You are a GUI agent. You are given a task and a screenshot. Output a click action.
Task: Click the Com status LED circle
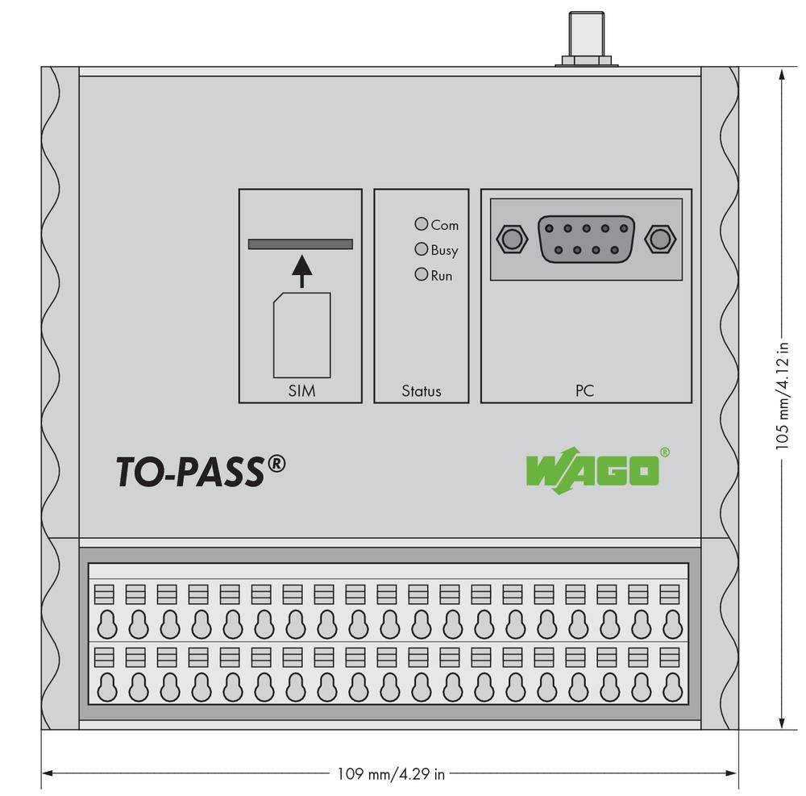coord(421,224)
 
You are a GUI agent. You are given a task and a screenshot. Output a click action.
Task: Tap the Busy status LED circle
coord(421,249)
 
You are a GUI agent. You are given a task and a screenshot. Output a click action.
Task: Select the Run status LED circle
coord(421,274)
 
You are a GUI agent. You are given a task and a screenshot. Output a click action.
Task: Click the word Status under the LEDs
coord(422,391)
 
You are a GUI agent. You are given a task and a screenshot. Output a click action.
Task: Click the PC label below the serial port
coord(585,391)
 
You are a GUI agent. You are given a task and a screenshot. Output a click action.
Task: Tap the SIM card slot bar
coord(301,244)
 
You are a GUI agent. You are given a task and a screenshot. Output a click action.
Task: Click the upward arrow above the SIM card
coord(301,270)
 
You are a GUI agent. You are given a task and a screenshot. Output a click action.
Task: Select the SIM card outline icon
coord(301,335)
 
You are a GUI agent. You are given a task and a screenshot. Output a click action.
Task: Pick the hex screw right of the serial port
coord(660,239)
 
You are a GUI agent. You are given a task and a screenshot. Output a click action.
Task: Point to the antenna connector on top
coord(586,37)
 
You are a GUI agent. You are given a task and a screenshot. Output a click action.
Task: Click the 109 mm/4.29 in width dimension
coord(390,774)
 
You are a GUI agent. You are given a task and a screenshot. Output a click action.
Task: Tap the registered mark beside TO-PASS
coord(276,463)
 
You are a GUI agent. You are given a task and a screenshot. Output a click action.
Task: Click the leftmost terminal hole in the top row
coord(106,623)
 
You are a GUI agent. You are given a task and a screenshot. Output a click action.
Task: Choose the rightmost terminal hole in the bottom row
coord(671,687)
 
